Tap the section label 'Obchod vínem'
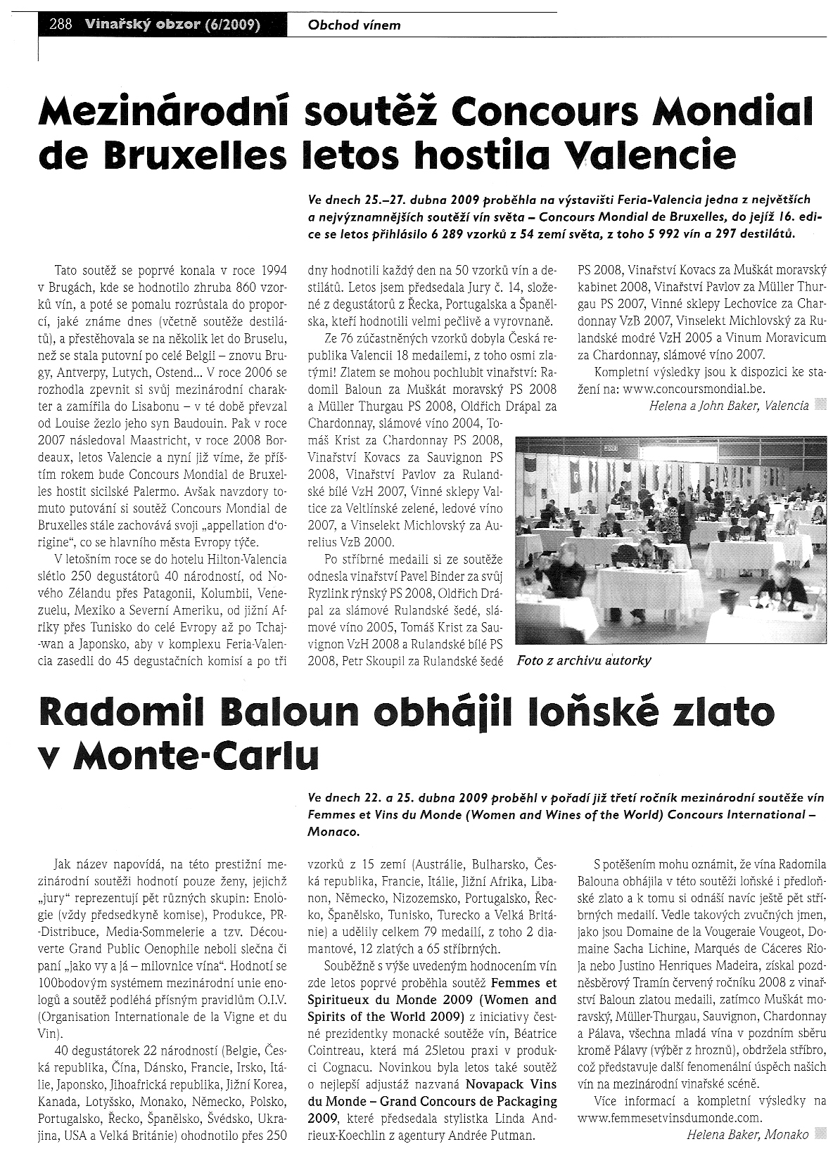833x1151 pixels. pos(354,25)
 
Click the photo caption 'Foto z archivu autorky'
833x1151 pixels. pos(583,660)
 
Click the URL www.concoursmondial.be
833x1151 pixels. pos(694,388)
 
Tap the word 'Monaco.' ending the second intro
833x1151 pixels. pos(333,831)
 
